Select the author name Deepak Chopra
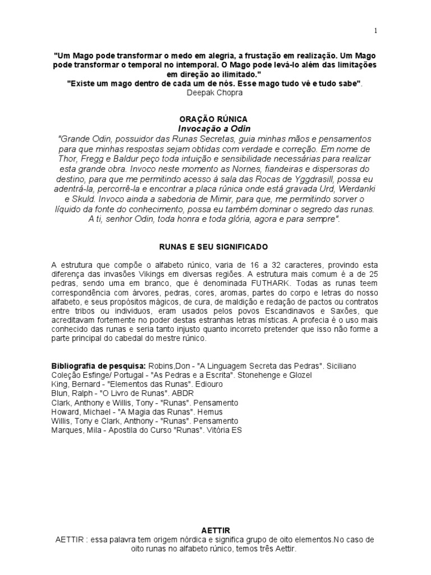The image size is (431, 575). tap(215, 92)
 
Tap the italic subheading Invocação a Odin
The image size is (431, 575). tap(215, 129)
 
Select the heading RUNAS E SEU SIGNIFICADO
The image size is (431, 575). tap(215, 247)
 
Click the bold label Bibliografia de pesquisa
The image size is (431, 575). tap(98, 366)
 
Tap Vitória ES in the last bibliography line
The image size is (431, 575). tap(221, 430)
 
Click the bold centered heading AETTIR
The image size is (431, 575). tap(215, 530)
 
